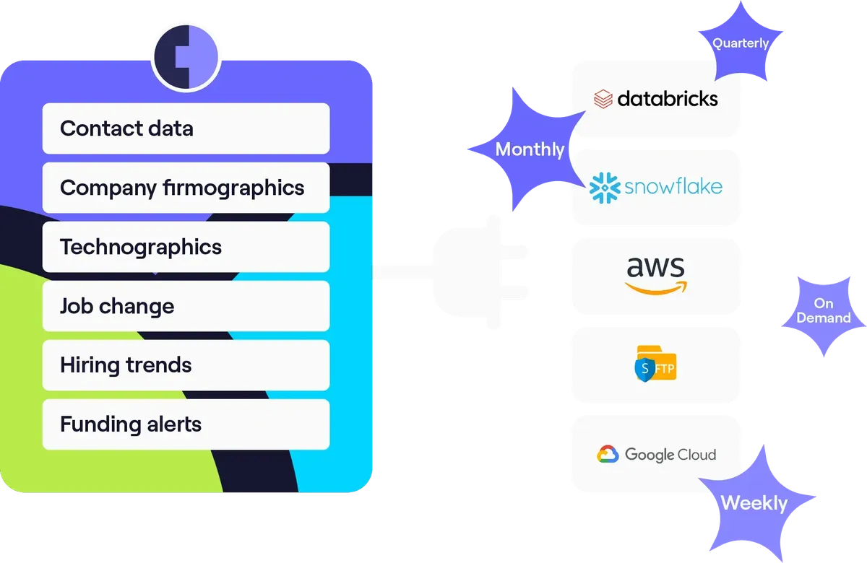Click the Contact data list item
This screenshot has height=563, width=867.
(x=186, y=128)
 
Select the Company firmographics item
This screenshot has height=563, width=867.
(x=186, y=188)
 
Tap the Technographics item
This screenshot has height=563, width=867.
(x=186, y=247)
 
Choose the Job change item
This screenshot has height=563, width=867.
(x=186, y=306)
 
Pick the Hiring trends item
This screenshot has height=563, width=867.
(x=186, y=365)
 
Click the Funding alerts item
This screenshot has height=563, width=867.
(x=186, y=424)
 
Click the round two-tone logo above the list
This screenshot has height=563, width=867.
(x=186, y=57)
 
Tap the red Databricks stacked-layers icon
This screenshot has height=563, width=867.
(x=603, y=99)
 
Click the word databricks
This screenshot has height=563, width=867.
(x=668, y=99)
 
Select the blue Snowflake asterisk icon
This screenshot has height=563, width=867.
(x=605, y=188)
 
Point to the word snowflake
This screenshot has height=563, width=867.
(x=673, y=186)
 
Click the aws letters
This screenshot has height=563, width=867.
(x=656, y=267)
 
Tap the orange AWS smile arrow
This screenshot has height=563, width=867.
(x=656, y=289)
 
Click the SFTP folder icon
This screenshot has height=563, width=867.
(x=656, y=364)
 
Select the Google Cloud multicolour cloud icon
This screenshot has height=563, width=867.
(x=608, y=454)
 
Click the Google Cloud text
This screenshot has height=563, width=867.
(x=670, y=455)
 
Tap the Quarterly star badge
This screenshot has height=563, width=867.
(x=741, y=42)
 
